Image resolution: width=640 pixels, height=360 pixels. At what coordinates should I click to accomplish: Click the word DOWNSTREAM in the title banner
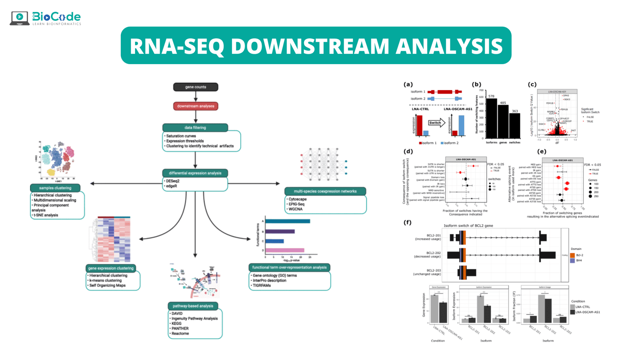point(310,46)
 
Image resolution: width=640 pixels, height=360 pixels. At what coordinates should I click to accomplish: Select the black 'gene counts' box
point(195,87)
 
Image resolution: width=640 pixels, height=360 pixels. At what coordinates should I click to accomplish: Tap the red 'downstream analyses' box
point(195,106)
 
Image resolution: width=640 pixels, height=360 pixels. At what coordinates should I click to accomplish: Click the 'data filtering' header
point(195,127)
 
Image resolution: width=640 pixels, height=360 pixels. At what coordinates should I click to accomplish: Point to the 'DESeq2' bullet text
point(173,181)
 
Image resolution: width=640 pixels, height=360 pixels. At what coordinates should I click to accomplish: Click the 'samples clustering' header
point(55,188)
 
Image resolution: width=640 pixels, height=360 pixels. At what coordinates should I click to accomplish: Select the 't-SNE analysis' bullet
point(46,215)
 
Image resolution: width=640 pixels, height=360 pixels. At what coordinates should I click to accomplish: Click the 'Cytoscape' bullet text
point(297,199)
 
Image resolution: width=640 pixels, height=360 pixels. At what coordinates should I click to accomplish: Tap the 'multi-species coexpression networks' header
point(325,191)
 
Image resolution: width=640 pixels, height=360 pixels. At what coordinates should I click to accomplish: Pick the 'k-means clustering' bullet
point(105,280)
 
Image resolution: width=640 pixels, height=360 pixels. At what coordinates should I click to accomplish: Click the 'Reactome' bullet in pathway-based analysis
point(180,333)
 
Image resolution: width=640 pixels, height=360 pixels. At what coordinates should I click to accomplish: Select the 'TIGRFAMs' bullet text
point(262,285)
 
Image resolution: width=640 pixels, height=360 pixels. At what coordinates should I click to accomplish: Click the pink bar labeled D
point(285,250)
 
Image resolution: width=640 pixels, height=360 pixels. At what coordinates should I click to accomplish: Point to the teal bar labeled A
point(288,221)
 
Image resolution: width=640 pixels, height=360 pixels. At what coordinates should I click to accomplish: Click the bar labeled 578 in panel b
point(492,118)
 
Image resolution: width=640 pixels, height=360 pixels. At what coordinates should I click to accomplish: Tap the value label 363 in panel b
point(515,111)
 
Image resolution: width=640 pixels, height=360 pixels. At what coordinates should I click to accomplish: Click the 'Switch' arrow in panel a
point(436,122)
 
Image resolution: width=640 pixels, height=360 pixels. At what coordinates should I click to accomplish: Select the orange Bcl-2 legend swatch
point(572,255)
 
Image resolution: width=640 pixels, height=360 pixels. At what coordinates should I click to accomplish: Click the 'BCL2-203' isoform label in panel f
point(433,270)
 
